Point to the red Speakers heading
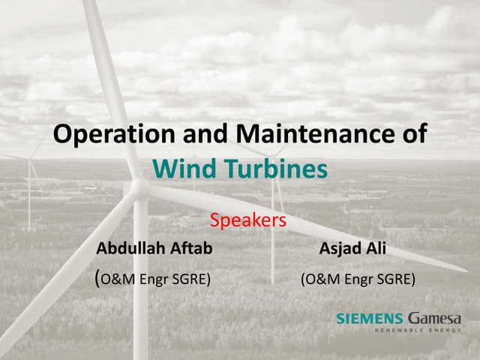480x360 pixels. click(248, 220)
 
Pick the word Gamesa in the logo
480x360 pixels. click(435, 318)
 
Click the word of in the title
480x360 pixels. click(413, 135)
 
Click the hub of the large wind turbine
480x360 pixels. click(140, 188)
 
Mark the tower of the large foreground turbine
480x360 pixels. click(140, 300)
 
